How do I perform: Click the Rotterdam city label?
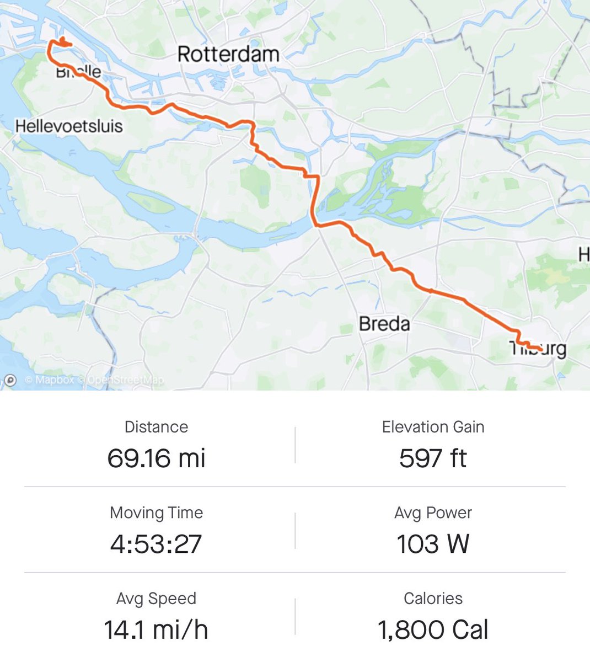(228, 54)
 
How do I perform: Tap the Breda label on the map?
(384, 323)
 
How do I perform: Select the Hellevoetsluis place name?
(69, 126)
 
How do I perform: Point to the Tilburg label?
(538, 349)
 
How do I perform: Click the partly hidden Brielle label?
(79, 72)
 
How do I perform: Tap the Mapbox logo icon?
(10, 380)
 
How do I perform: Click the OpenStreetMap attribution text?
(126, 380)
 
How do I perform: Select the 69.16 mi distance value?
(156, 458)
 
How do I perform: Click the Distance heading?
(156, 427)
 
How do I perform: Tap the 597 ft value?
(433, 458)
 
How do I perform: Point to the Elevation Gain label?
(433, 427)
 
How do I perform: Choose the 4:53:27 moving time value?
(156, 544)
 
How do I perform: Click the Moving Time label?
(156, 513)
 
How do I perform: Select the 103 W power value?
(433, 544)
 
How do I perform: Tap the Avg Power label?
(433, 513)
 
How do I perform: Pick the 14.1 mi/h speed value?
(156, 629)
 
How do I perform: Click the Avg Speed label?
(156, 599)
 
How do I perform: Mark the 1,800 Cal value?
(433, 629)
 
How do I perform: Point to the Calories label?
(433, 599)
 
